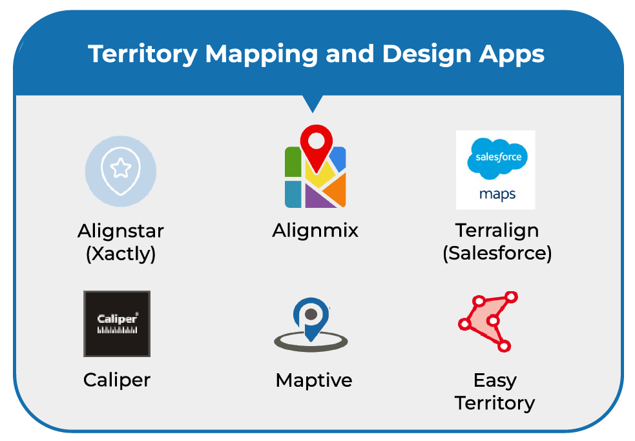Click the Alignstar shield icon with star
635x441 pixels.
coord(121,170)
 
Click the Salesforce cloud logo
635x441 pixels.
coord(497,157)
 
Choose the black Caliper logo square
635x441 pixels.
coord(117,323)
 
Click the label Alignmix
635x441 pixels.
coord(315,230)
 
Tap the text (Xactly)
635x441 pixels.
coord(121,253)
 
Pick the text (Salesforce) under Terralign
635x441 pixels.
coord(497,253)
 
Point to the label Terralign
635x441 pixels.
coord(497,230)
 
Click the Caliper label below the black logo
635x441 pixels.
coord(117,380)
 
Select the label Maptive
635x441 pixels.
coord(314,380)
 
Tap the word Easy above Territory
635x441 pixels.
coord(495,380)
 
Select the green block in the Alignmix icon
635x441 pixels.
coord(293,163)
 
